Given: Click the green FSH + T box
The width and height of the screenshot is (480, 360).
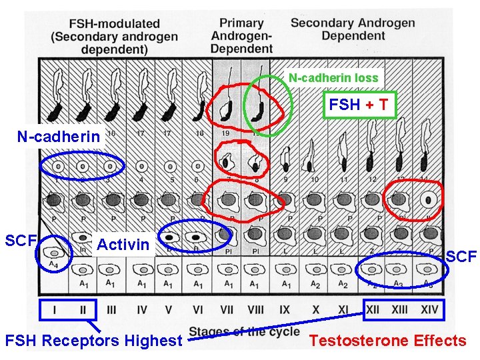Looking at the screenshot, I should tap(359, 104).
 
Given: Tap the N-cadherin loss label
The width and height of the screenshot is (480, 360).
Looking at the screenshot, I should tap(333, 78).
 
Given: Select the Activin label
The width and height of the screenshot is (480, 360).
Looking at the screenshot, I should tap(123, 244).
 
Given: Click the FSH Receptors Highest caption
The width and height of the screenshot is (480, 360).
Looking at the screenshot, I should tap(93, 341).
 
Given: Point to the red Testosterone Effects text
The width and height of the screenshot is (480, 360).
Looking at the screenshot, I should tap(387, 341).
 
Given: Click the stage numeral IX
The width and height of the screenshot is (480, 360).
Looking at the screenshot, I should tap(285, 310).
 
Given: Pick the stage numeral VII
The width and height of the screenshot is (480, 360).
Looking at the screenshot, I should tap(227, 310).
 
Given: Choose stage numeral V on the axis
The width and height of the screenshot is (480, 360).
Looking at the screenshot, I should tap(169, 310).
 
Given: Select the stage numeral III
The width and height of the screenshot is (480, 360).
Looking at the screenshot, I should tap(111, 310).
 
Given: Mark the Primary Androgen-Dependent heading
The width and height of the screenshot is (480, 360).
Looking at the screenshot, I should tap(241, 35).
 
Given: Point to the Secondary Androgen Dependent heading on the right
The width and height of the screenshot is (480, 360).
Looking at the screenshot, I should tap(352, 28).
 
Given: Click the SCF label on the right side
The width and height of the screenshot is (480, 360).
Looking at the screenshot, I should tap(461, 255).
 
